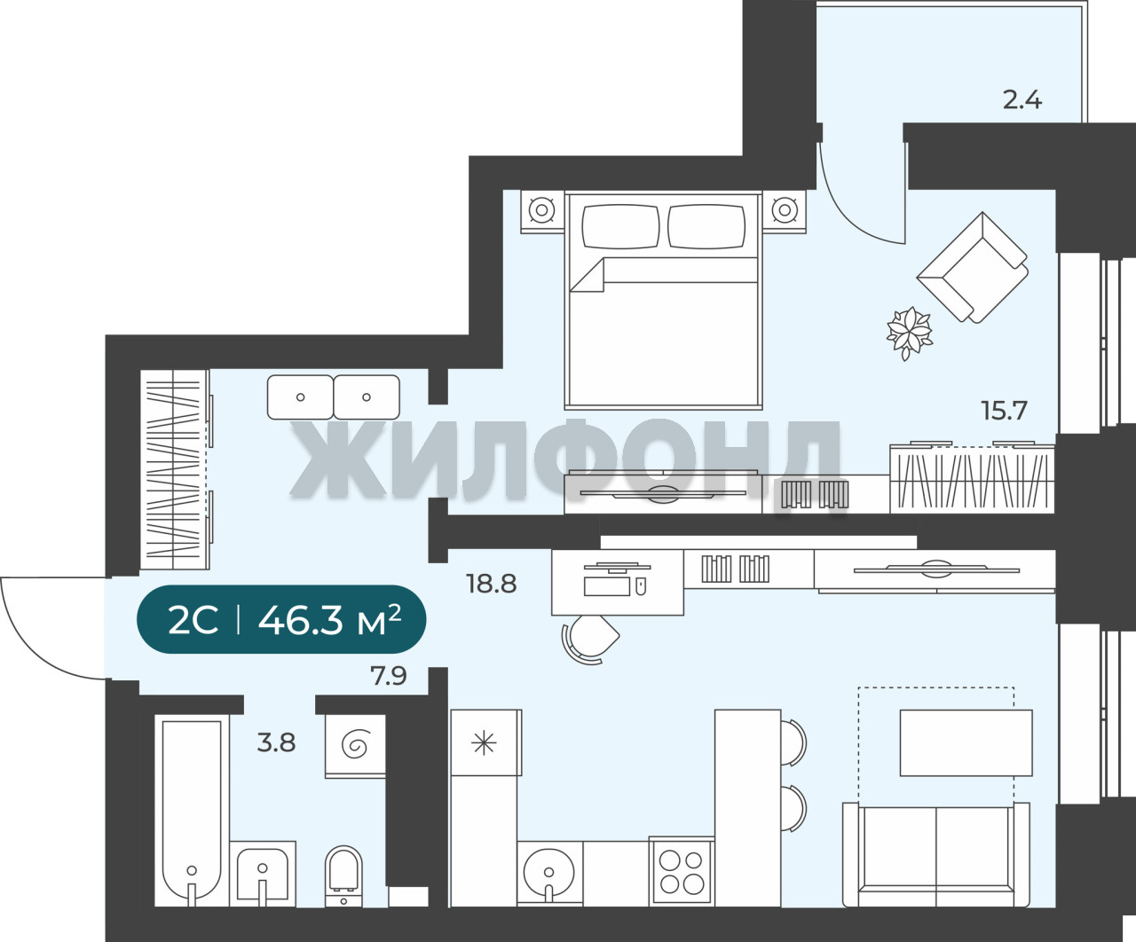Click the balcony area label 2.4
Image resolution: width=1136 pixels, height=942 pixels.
tap(1022, 100)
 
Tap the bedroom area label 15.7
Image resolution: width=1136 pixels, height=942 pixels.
tap(1004, 412)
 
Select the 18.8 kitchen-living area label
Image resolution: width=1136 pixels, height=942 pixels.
tap(492, 585)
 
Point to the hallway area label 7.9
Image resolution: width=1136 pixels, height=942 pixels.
tap(389, 676)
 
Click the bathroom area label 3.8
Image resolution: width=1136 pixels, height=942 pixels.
tap(276, 742)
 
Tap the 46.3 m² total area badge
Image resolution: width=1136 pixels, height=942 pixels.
tap(281, 619)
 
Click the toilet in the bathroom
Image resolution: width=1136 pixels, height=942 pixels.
tap(343, 876)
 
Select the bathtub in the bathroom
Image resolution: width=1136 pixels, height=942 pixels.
tap(192, 811)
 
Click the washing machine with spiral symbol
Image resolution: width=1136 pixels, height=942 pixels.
tap(355, 746)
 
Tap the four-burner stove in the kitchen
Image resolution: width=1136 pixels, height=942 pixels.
tap(682, 872)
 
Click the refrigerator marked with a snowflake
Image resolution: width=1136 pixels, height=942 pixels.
tap(485, 742)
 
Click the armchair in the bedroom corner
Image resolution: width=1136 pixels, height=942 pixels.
tap(973, 267)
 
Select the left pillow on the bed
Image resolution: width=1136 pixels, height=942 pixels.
tap(620, 227)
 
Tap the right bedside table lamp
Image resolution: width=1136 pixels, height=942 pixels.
tap(784, 211)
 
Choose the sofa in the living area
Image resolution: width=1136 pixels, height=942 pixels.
tap(935, 854)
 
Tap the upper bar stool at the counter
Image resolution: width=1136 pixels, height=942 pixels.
tap(793, 742)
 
